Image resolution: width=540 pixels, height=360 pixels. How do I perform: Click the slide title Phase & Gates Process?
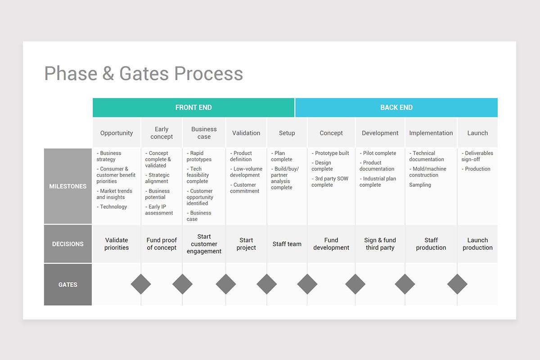click(x=144, y=74)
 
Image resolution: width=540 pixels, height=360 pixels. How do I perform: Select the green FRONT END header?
click(x=193, y=108)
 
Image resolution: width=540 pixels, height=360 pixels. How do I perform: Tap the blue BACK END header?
click(x=396, y=108)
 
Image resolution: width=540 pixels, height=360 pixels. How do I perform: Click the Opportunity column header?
click(x=117, y=133)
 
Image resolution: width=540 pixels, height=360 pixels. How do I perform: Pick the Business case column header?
click(x=204, y=133)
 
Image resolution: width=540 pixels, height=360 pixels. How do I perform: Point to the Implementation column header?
click(x=431, y=133)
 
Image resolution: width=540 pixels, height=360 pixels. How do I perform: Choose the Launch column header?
click(x=477, y=133)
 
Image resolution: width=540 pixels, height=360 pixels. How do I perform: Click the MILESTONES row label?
click(x=68, y=186)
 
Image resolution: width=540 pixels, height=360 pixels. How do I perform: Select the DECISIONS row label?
click(x=68, y=244)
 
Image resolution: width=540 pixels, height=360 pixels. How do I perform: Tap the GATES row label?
click(x=68, y=284)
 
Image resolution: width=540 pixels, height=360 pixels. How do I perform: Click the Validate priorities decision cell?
click(x=117, y=244)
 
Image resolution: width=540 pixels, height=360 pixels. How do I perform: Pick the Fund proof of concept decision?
click(x=162, y=244)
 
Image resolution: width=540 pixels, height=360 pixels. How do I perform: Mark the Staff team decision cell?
click(x=287, y=244)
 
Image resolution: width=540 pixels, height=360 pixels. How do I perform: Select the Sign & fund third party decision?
click(x=380, y=244)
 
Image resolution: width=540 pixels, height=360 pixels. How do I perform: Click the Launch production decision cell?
click(x=477, y=244)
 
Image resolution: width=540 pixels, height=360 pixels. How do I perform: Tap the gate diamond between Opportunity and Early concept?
click(x=141, y=284)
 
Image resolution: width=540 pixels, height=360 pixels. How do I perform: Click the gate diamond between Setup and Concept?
click(x=307, y=284)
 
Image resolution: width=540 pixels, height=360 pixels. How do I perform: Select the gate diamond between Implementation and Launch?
click(x=457, y=284)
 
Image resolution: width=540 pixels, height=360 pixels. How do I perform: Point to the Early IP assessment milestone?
click(x=159, y=210)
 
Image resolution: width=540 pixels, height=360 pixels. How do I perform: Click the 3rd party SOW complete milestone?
click(x=330, y=182)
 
